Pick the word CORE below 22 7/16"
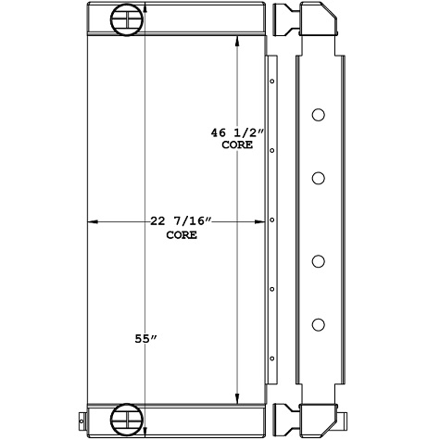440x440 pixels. (182, 235)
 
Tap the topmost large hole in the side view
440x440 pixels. (318, 116)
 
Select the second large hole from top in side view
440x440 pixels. (318, 177)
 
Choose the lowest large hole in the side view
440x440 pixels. (318, 323)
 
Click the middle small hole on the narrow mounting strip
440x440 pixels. (271, 220)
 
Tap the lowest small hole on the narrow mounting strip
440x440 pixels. (271, 359)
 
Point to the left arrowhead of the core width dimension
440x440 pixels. (90, 221)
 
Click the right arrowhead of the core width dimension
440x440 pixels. (258, 221)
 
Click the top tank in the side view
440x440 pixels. (315, 20)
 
